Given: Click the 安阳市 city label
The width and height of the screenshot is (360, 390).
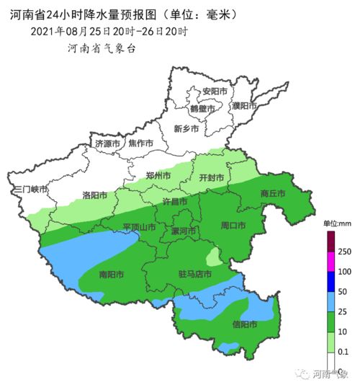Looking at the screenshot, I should point(215,92).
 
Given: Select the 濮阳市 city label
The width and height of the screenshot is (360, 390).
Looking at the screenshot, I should point(245,105).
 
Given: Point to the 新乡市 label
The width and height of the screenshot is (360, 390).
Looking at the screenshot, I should point(187,129).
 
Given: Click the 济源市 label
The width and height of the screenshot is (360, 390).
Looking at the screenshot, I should point(108,143).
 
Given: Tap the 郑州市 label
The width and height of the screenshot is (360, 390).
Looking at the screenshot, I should point(158,175).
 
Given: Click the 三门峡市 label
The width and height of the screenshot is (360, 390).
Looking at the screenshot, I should point(30,190).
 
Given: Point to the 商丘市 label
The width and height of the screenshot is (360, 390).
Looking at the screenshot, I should point(273,193).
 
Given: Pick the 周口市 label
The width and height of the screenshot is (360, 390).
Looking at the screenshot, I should point(233,226).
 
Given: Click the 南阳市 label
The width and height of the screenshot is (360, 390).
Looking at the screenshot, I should point(111,275).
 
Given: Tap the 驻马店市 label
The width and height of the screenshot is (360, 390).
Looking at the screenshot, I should point(194,275).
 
